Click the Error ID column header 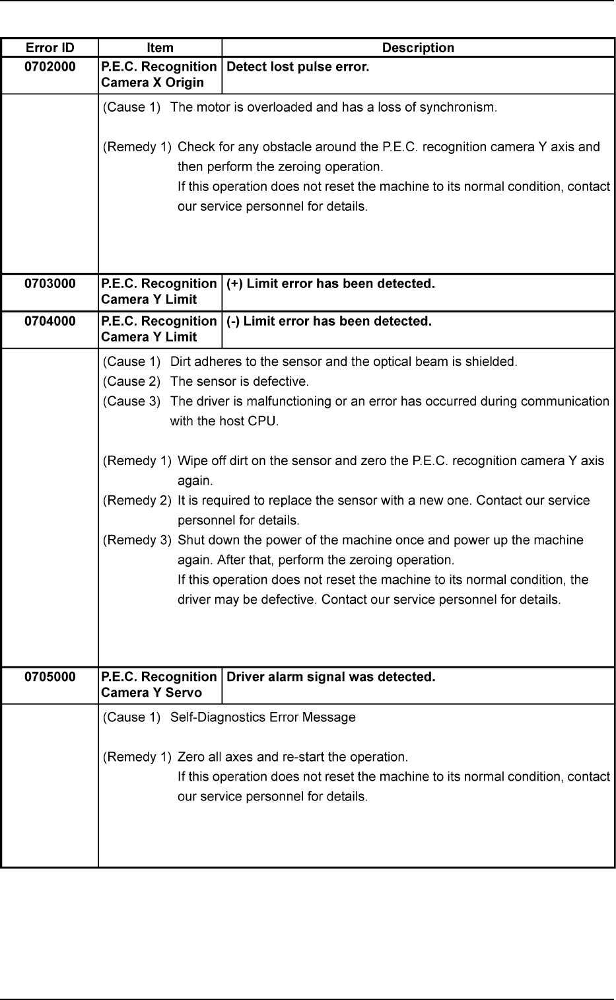click(50, 48)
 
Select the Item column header click(160, 48)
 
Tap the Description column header click(418, 48)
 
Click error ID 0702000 click(50, 67)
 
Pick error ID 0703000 click(50, 283)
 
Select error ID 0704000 click(50, 321)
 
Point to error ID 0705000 click(50, 676)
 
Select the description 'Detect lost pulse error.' click(298, 67)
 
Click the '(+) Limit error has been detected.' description click(330, 283)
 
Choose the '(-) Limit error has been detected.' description click(329, 321)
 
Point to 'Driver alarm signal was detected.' click(331, 676)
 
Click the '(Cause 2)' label click(131, 381)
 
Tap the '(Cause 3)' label click(131, 401)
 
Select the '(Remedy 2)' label click(137, 500)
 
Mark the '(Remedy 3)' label click(137, 540)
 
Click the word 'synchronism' click(460, 107)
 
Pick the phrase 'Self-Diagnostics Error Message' click(263, 717)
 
